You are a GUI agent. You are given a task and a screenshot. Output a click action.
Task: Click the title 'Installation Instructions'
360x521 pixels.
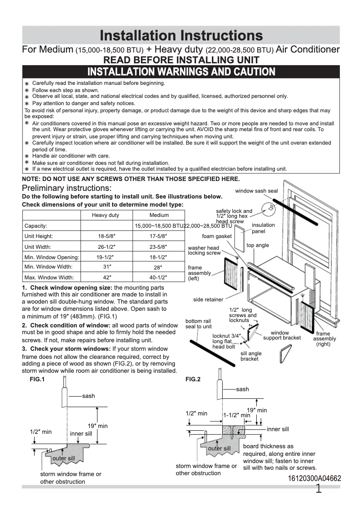(181, 35)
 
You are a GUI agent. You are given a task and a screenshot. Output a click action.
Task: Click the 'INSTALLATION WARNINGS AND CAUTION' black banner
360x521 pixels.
(181, 71)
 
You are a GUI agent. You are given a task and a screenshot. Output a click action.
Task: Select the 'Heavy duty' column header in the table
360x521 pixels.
(105, 215)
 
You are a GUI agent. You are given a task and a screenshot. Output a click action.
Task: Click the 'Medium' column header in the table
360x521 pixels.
(159, 215)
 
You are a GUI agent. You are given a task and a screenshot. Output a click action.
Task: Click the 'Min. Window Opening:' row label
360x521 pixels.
(52, 257)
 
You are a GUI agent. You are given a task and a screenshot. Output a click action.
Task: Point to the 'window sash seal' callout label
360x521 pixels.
(256, 191)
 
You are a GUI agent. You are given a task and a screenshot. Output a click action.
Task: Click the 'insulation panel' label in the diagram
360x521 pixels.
(263, 228)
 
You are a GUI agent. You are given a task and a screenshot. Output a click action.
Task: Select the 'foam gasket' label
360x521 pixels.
(217, 236)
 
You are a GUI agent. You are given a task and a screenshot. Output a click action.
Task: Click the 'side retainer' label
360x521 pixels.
(208, 300)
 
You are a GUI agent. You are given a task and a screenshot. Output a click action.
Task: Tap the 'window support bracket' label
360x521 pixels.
(282, 336)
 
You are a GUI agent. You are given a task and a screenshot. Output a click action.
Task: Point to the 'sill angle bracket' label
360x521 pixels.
(251, 356)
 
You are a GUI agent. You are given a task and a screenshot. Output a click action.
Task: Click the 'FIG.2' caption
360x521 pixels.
(193, 379)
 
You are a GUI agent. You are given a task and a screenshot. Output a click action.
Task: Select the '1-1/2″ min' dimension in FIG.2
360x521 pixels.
(237, 415)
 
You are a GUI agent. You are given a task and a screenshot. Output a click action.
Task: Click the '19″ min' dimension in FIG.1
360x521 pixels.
(97, 426)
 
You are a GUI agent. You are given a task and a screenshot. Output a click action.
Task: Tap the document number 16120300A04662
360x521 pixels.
(314, 479)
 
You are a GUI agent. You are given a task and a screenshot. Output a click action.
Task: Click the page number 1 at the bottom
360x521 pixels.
(319, 489)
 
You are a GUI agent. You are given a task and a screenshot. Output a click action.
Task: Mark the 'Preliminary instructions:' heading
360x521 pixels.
(67, 188)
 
